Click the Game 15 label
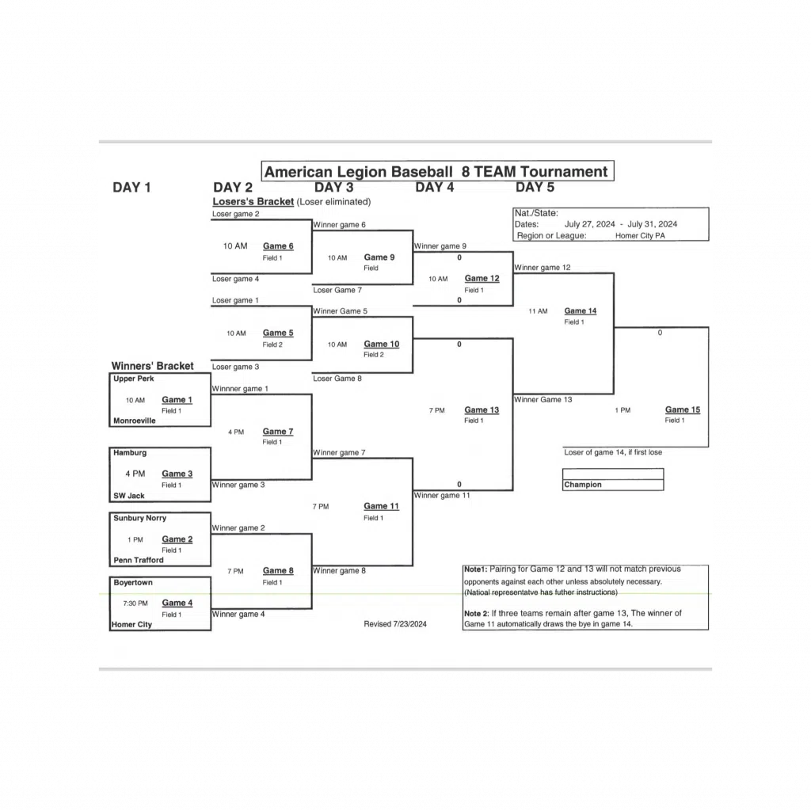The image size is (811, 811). coord(682,409)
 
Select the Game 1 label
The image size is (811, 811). coord(177,400)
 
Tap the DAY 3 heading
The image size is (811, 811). coord(333,188)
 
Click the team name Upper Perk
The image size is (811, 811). coord(133,379)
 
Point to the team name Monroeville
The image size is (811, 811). coord(135,421)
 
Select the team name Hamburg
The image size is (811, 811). coord(130,453)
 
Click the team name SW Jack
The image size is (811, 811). coord(129,495)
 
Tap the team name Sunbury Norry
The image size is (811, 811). coord(139,518)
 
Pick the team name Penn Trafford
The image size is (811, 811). coord(139,560)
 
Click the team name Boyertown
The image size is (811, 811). coord(133,582)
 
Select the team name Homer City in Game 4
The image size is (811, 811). coord(133,625)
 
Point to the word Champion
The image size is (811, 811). coord(583,485)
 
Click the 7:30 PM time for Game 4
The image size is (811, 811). coord(135,603)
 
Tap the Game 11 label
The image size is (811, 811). coord(381,506)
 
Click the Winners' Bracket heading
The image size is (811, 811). coord(152,366)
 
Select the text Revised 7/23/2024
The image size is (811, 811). coord(395,624)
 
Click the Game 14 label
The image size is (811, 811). coord(581,310)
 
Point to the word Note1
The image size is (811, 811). coord(475,569)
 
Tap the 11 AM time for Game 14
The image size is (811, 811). coord(538,311)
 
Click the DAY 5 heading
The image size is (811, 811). coord(535,188)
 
